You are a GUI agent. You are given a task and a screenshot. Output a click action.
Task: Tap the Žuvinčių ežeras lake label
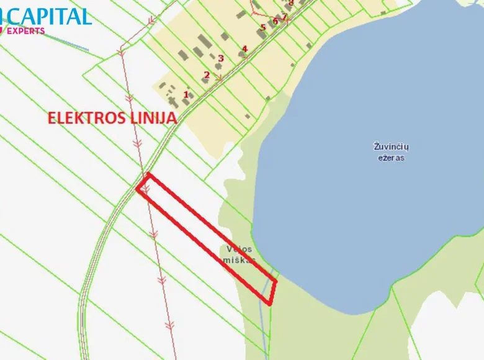(392, 151)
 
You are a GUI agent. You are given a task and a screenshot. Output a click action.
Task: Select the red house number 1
(186, 94)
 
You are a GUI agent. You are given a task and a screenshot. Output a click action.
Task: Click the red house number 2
(206, 75)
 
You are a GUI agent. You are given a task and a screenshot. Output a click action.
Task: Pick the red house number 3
(220, 58)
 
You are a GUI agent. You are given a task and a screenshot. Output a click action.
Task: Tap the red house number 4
(244, 48)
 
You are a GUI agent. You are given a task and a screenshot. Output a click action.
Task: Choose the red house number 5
(263, 27)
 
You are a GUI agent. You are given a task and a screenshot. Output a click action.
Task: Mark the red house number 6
(275, 21)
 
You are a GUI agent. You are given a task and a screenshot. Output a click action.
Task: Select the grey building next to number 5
(262, 35)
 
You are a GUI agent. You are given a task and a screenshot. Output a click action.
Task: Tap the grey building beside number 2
(204, 81)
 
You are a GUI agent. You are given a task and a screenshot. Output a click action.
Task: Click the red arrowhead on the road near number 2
(218, 78)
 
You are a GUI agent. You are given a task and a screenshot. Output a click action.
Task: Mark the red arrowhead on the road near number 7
(286, 17)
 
